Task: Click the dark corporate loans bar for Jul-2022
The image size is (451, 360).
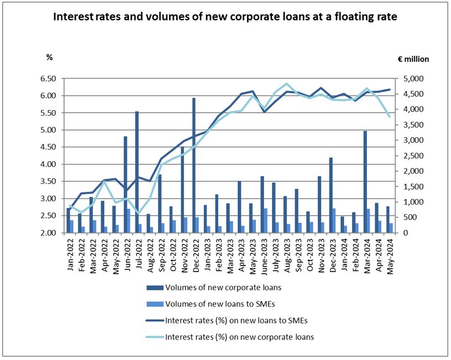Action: click(x=137, y=172)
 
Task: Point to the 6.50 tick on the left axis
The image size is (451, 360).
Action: click(x=49, y=79)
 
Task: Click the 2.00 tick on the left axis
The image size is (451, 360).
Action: click(x=49, y=233)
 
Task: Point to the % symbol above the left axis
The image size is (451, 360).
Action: click(x=49, y=56)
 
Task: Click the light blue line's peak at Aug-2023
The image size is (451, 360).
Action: click(x=286, y=84)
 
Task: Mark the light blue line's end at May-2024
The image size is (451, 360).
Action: click(x=390, y=117)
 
